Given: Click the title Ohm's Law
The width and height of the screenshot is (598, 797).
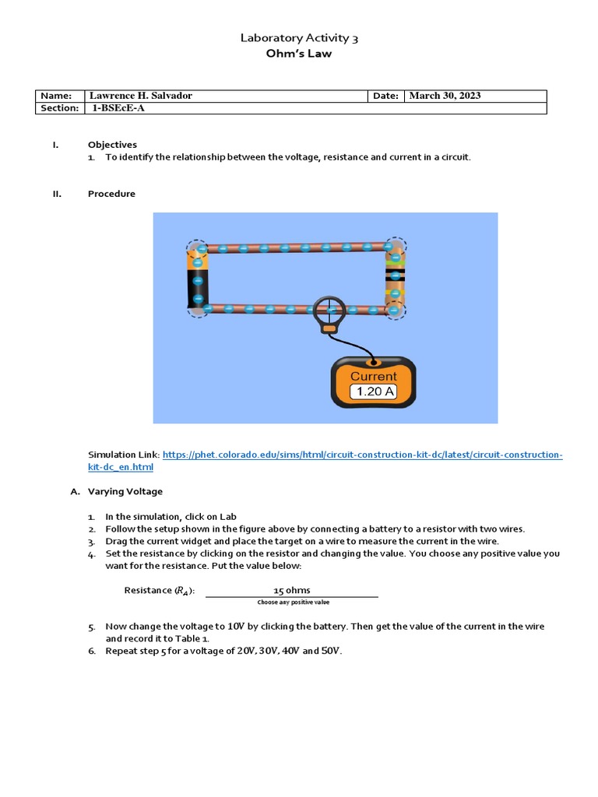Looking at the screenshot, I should point(299,54).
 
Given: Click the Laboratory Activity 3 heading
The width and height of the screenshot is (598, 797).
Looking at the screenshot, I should point(299,37).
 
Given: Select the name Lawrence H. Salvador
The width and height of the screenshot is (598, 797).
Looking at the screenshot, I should point(142,96).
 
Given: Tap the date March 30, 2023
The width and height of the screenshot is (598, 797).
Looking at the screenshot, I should point(445,96).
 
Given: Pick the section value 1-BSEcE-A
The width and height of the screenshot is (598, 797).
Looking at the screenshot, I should point(118,108).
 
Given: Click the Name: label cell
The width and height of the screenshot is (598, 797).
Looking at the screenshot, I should point(59,96).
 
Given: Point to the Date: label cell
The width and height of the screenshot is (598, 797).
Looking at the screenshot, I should point(385,96).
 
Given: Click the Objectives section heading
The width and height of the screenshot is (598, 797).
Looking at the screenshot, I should point(112,145).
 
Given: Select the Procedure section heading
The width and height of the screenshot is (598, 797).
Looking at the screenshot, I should point(111,194).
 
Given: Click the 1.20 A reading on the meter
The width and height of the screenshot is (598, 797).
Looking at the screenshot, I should point(374,391).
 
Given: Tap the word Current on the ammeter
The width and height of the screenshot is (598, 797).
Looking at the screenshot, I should point(373,376).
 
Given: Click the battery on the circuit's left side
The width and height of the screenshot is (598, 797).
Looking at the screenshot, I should point(198,280).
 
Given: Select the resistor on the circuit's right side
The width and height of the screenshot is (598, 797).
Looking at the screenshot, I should point(395,279).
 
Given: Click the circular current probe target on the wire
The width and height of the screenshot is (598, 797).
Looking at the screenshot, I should point(329,310).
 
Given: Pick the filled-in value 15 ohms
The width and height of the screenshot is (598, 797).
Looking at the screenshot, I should point(291,590).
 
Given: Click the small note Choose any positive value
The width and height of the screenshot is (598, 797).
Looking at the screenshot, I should point(293,602).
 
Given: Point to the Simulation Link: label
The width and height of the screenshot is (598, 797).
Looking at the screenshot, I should point(123,455).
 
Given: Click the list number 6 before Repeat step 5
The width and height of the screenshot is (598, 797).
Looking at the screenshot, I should point(91,651).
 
